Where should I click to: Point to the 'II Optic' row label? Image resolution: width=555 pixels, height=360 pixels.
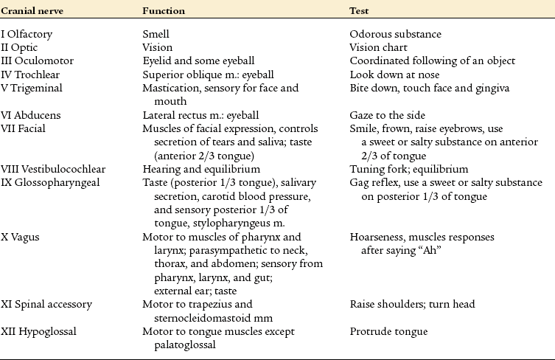pyautogui.click(x=22, y=47)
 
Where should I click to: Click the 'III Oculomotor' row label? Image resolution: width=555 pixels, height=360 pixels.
pyautogui.click(x=36, y=60)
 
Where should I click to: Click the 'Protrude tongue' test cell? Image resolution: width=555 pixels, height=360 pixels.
pyautogui.click(x=388, y=331)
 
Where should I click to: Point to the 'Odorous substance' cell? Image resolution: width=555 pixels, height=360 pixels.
pyautogui.click(x=396, y=34)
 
